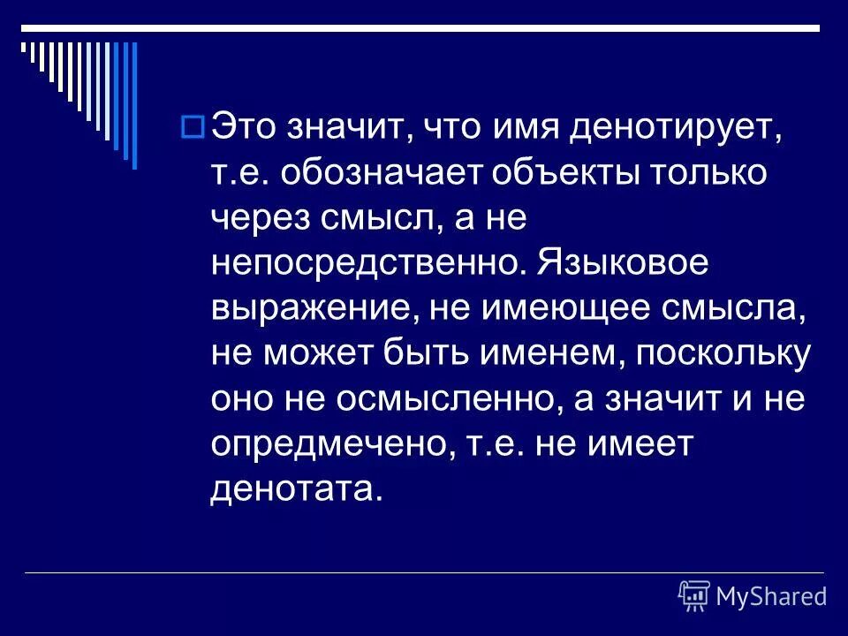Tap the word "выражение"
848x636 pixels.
pos(306,308)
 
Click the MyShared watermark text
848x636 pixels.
pos(771,597)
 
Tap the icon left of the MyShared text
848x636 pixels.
pos(694,596)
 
